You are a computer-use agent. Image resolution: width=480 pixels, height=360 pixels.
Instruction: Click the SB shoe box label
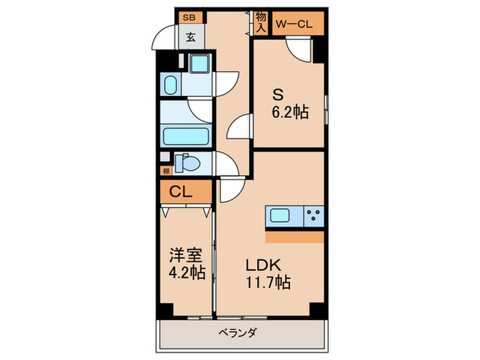point(189,17)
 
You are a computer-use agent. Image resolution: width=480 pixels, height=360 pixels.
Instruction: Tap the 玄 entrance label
point(191,38)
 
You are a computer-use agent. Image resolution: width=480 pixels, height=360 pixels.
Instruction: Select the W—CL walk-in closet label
point(294,24)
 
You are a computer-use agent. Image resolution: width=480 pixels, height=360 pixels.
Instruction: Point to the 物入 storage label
point(261,22)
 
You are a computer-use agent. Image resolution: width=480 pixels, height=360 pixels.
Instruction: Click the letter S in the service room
point(278,95)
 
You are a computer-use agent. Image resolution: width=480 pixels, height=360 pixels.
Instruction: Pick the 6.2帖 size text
point(290,112)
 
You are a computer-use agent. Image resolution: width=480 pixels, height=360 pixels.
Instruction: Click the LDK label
point(263,265)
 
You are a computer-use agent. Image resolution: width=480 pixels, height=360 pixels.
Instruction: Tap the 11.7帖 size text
point(268,283)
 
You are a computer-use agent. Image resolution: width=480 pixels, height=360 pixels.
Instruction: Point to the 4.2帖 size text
point(187,272)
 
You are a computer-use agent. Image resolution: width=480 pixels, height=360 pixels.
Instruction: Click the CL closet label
point(180,192)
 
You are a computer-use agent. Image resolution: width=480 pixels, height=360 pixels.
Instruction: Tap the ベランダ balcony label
point(237,333)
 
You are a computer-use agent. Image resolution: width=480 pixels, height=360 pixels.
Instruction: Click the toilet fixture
point(187,163)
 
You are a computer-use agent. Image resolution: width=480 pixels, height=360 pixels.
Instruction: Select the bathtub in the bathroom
point(186,136)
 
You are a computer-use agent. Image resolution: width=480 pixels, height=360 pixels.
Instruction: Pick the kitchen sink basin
point(280,215)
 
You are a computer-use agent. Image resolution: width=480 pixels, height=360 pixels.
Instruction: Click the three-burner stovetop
point(314,216)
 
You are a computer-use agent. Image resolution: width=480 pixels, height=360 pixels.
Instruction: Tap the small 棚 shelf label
point(166,171)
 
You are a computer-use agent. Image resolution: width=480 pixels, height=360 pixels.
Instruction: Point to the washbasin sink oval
point(171,85)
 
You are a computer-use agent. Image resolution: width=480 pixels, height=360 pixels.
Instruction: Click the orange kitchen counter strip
point(295,237)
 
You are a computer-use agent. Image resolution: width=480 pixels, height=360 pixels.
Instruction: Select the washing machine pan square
point(200,64)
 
